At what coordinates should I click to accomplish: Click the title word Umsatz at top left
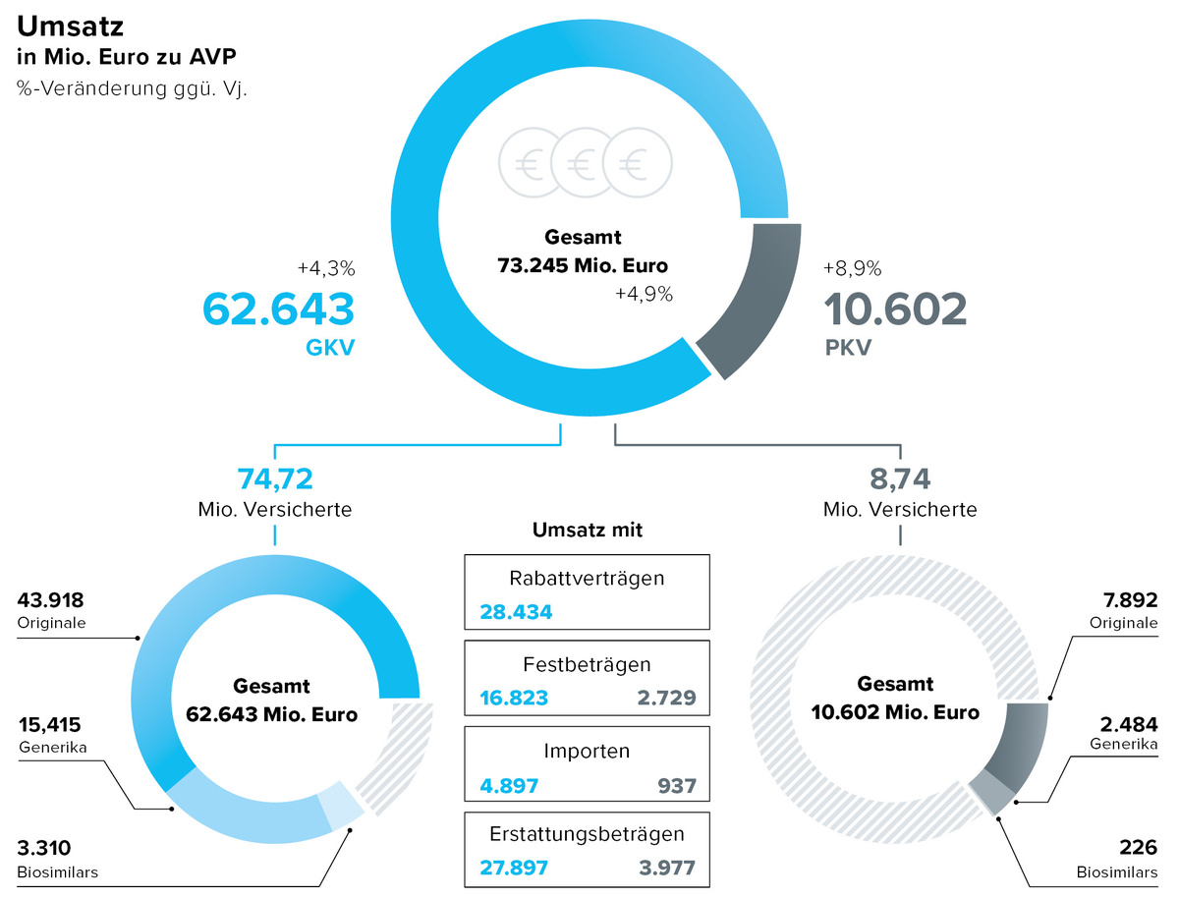coord(71,26)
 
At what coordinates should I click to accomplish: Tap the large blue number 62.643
coord(278,309)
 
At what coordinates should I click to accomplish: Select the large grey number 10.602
coord(895,309)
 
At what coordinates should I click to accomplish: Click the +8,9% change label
coord(853,268)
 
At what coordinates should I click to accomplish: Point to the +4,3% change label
coord(326,268)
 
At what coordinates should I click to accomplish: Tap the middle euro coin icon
coord(585,162)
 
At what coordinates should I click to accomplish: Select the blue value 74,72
coord(275,478)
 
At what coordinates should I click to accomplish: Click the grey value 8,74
coord(900,478)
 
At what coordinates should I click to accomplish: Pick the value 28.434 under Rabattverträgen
coord(516,612)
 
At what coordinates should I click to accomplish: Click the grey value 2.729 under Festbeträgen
coord(666,698)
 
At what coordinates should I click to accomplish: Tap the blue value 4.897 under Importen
coord(509,786)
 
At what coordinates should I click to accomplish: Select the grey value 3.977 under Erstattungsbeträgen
coord(667,868)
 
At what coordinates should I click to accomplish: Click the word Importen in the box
coord(587,751)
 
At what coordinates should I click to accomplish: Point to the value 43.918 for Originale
coord(50,600)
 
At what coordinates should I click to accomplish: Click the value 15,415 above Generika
coord(50,724)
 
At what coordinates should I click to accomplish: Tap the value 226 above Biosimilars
coord(1138,847)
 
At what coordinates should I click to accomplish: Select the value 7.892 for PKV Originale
coord(1130,600)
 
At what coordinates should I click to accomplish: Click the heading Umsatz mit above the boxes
coord(588,531)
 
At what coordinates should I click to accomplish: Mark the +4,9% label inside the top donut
coord(644,295)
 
